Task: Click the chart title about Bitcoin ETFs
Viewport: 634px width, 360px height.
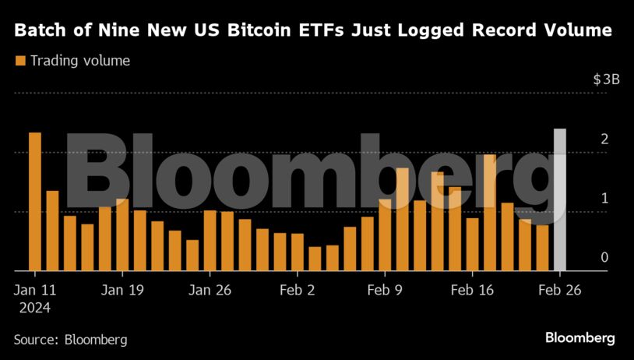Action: pos(312,31)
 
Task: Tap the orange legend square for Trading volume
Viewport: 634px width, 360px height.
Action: pos(19,60)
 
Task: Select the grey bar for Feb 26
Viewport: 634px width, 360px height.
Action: pos(559,199)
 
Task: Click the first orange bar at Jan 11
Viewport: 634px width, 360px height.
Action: pos(35,201)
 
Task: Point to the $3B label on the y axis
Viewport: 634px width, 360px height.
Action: pos(606,79)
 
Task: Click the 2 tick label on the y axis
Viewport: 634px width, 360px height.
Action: pos(604,139)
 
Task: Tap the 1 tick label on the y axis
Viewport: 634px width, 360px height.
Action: pos(604,198)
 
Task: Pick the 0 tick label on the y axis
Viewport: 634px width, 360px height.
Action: pos(604,257)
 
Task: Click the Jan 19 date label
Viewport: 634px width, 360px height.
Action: pos(123,290)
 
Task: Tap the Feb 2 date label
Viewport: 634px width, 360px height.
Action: pos(297,290)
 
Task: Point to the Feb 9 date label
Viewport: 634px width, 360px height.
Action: pos(384,290)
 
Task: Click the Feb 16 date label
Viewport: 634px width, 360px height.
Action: pos(472,290)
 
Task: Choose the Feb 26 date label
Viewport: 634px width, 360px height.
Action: pos(559,290)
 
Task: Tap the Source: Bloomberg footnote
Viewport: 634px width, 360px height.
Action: pos(70,340)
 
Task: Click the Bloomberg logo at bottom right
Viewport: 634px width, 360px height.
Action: pos(579,338)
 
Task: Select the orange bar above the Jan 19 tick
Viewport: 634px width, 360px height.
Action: pos(122,235)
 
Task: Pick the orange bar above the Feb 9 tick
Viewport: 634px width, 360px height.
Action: pos(385,235)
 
